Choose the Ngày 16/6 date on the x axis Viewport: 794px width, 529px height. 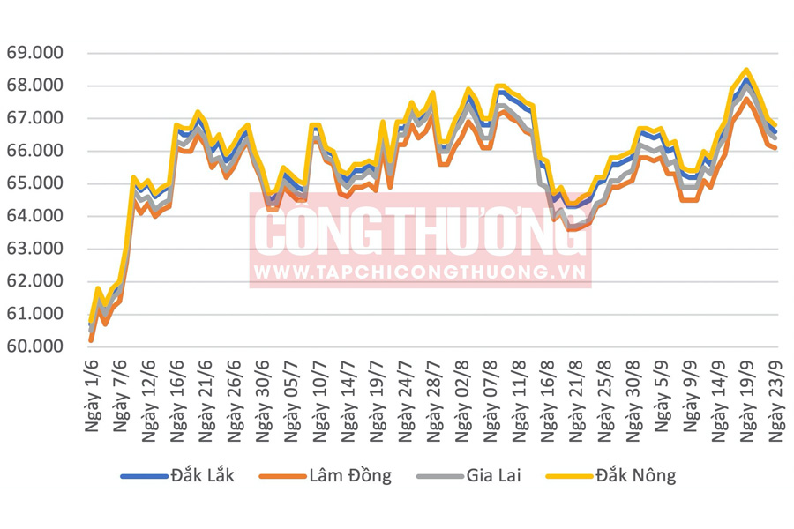coord(179,395)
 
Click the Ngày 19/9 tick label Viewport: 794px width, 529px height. coord(750,395)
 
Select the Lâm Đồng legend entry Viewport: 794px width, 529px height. coord(349,476)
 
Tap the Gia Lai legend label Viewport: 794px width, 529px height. coord(491,476)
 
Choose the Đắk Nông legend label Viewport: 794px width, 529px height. coord(634,476)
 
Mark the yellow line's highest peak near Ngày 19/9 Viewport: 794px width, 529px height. coord(747,70)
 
